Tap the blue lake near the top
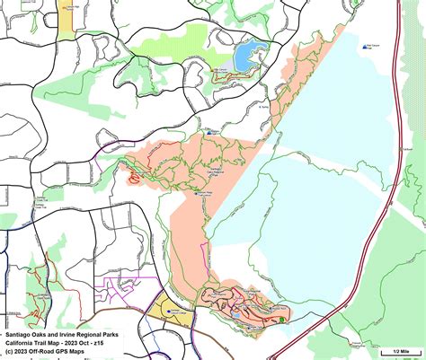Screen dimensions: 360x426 [245, 57]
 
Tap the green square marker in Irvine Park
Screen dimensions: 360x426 [281, 320]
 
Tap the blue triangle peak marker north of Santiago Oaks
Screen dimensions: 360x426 [209, 131]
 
